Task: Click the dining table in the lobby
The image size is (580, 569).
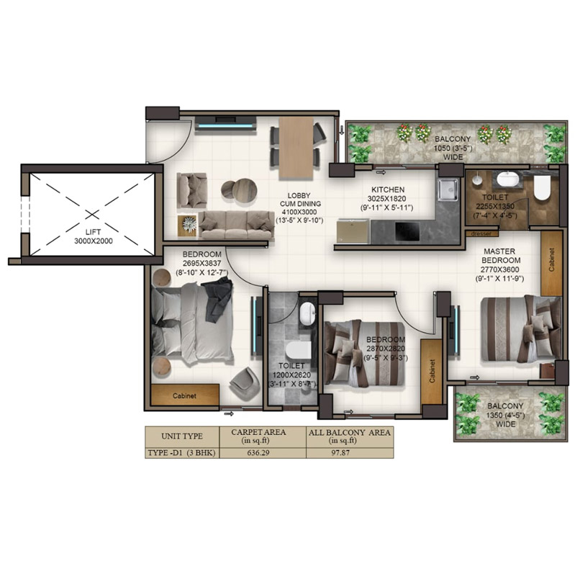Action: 296,148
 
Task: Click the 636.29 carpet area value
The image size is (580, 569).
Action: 260,454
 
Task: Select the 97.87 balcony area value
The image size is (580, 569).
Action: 349,454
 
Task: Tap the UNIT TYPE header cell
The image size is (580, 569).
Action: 181,436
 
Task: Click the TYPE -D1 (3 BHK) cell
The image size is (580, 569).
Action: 181,454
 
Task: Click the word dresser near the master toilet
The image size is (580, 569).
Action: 478,233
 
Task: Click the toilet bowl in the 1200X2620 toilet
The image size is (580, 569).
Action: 296,351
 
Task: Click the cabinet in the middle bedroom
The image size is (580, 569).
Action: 432,371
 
